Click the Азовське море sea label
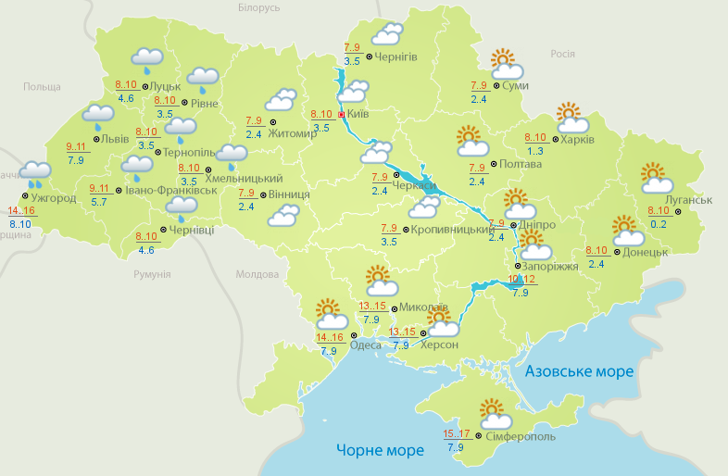coord(579,371)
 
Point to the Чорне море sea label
coord(380,450)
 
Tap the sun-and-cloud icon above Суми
coord(505,64)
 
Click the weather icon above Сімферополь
coord(491,411)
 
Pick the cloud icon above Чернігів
coord(386,34)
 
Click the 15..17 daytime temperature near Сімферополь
coord(456,433)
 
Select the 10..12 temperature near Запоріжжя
coord(521,280)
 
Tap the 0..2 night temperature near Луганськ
coord(659,223)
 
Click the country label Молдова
coord(257,275)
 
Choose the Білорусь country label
coord(258,7)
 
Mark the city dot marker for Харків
coord(554,140)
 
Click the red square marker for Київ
coord(340,115)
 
